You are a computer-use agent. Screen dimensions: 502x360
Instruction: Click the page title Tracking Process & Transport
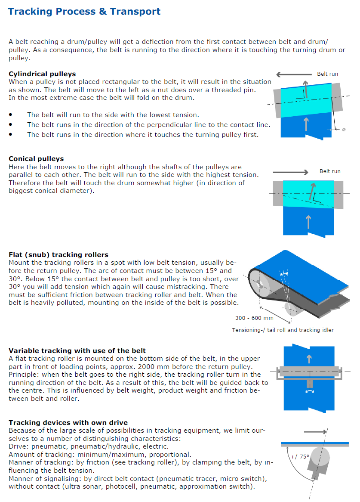point(84,12)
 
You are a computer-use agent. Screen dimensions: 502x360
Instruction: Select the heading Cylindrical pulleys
point(42,74)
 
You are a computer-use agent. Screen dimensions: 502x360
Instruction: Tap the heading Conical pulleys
point(36,159)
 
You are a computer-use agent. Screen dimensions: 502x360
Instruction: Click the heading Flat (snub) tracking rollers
point(58,255)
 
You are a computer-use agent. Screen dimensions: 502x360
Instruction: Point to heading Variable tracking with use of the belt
point(77,351)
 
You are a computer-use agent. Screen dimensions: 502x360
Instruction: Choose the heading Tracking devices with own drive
point(68,423)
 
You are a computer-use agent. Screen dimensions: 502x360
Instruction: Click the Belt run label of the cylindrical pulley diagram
point(327,74)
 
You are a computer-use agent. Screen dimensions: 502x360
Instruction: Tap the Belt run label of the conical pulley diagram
point(330,171)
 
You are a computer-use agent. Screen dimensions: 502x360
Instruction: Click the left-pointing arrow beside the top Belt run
point(294,74)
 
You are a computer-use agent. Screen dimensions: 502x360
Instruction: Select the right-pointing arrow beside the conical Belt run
point(291,172)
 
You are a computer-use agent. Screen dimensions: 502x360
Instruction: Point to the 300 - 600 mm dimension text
point(254,318)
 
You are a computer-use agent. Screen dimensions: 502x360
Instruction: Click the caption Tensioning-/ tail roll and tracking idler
point(283,330)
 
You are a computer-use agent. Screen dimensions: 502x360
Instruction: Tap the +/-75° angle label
point(299,457)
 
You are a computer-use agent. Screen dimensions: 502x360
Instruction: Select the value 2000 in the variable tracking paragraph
point(200,367)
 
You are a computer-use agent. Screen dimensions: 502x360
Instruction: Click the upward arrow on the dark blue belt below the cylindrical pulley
point(306,124)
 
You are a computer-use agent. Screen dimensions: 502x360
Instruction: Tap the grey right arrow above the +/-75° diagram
point(315,431)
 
